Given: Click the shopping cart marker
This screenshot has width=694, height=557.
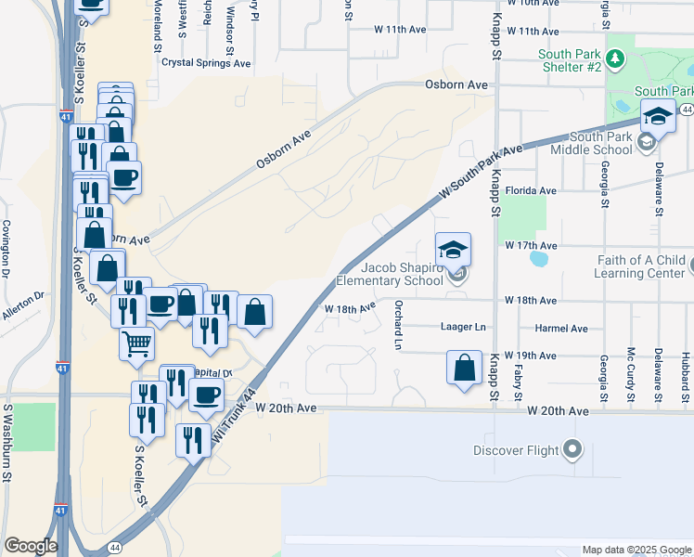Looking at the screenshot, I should click(x=137, y=344).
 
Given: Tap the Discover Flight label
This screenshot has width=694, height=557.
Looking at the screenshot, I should click(x=516, y=451).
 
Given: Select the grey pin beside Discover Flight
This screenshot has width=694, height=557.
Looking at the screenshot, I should click(x=573, y=450).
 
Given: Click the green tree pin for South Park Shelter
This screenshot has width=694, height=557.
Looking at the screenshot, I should click(x=621, y=59).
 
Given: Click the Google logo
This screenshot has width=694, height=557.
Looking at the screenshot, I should click(x=31, y=545).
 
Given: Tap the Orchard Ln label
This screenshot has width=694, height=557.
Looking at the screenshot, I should click(x=397, y=325).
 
